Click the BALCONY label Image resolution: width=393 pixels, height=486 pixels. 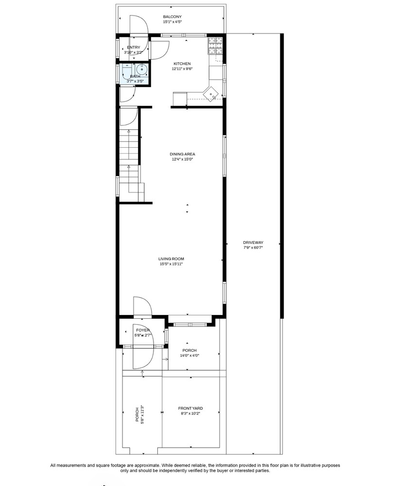(172, 17)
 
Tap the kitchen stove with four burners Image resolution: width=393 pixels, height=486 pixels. (215, 46)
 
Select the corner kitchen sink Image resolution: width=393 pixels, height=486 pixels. (212, 92)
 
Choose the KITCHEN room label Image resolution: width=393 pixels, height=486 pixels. (182, 64)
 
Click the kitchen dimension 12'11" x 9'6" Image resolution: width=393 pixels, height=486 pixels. (182, 69)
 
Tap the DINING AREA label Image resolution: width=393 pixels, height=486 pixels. (183, 154)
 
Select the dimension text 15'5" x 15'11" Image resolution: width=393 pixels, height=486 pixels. (171, 264)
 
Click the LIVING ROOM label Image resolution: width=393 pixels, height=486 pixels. (171, 259)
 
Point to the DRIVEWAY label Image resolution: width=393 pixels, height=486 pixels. (253, 243)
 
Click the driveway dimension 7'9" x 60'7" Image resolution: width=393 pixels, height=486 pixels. (253, 248)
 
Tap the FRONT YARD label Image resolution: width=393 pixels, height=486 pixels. (190, 408)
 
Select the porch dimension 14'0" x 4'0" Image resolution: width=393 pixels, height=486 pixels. (189, 355)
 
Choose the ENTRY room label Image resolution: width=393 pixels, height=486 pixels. (134, 47)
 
